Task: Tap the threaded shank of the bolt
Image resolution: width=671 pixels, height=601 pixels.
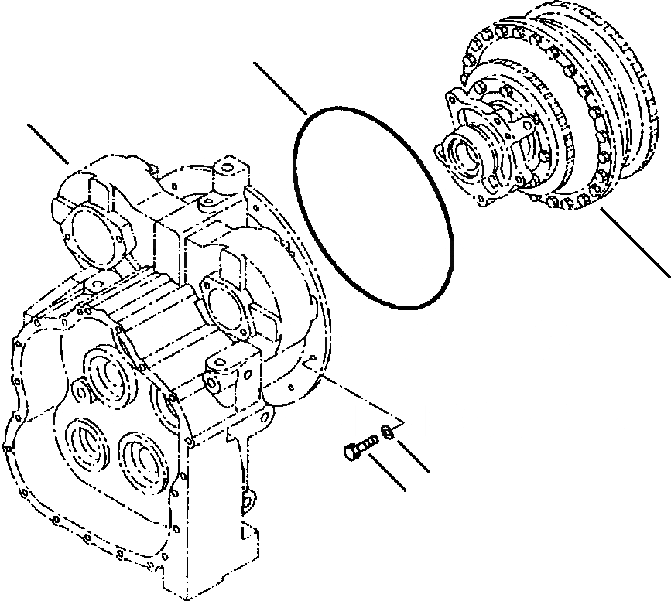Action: [x=367, y=443]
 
